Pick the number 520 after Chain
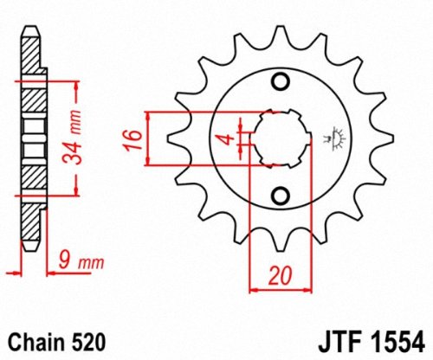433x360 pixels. pos(92,338)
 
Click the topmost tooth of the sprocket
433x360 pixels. pos(279,35)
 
